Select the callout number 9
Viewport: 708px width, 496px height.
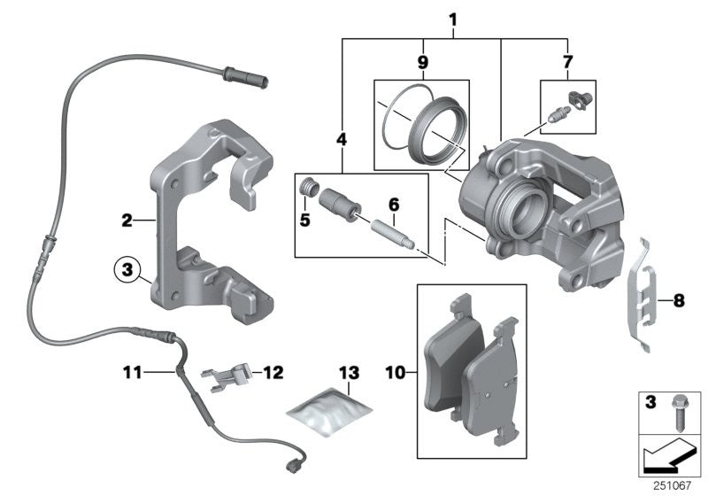pos(422,62)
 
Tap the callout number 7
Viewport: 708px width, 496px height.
pos(567,62)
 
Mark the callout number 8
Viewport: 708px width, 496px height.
pos(680,301)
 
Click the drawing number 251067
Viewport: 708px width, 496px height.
pos(677,484)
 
